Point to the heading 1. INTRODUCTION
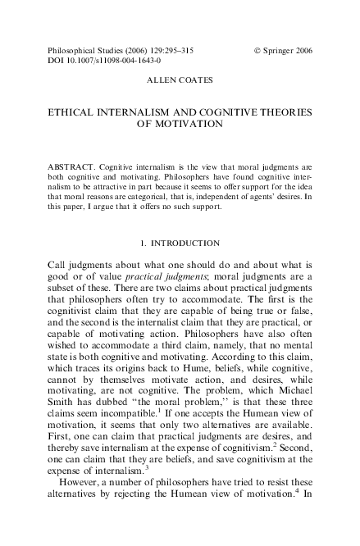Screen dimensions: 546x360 180,243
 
